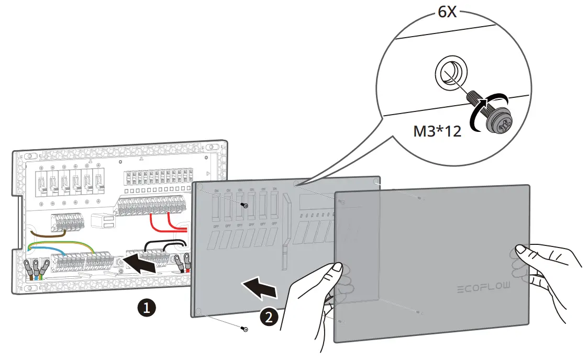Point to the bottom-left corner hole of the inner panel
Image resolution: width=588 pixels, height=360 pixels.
pos(198,312)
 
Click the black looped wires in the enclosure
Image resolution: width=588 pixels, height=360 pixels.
pos(165,246)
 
